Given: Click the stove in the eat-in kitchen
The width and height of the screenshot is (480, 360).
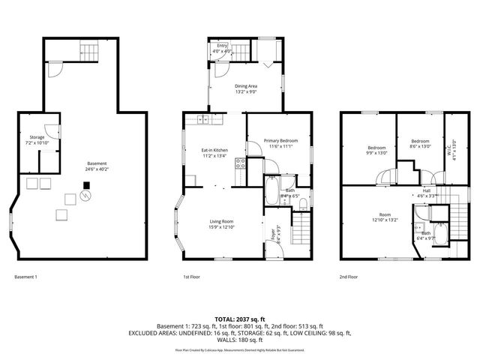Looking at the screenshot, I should coord(240,163).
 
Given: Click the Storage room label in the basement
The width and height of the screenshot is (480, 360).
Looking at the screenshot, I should coord(37,139).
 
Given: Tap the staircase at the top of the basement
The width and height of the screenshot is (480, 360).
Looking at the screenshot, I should coord(89,52).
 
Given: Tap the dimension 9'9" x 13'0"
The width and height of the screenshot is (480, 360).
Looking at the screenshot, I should coord(376,153).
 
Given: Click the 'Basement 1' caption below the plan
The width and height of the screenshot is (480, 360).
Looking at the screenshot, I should coord(25,277).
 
